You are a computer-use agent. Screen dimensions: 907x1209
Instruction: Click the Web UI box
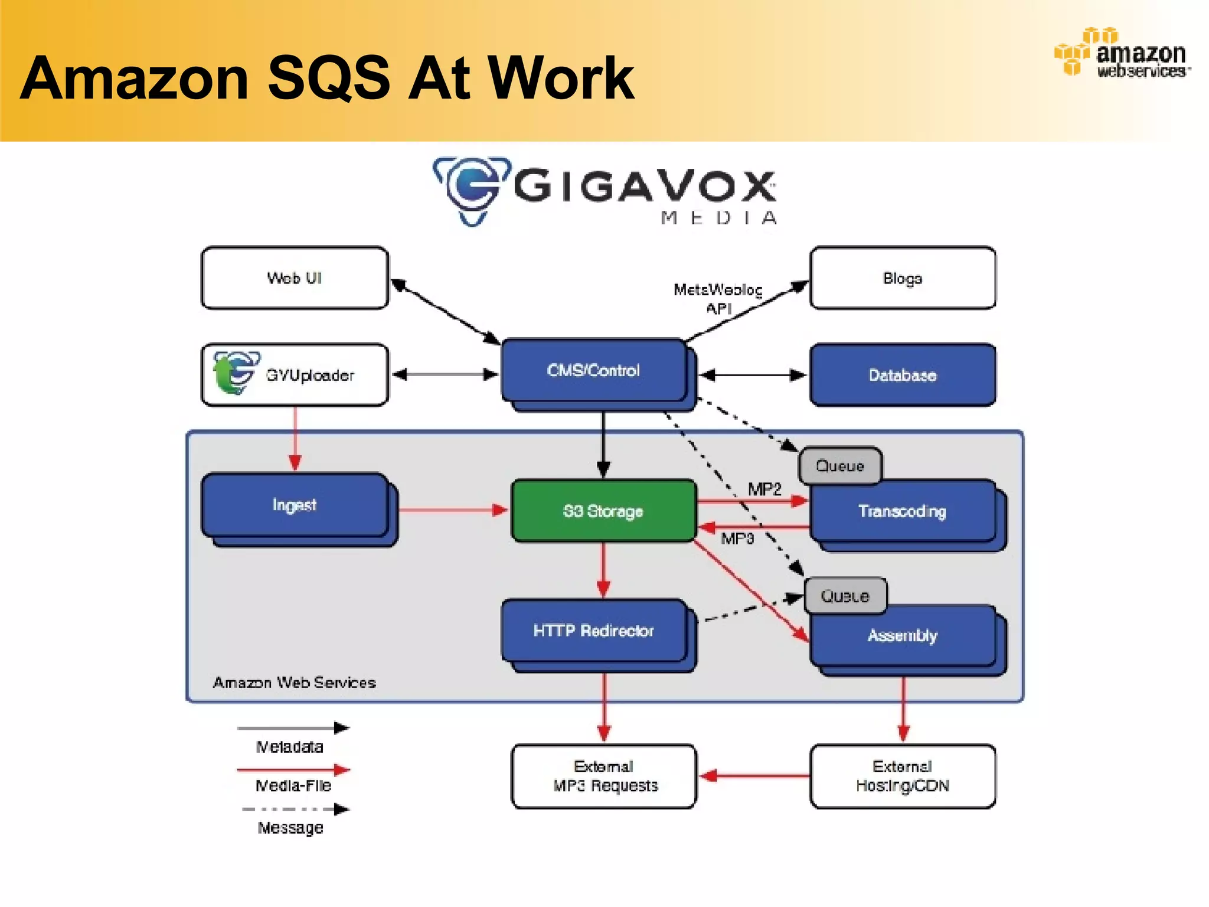[295, 278]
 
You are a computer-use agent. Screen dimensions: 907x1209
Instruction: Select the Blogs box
[902, 278]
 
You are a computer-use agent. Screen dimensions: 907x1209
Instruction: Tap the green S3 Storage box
[603, 511]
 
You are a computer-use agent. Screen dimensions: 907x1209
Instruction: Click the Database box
[902, 375]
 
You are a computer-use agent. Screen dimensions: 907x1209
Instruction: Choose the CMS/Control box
[593, 370]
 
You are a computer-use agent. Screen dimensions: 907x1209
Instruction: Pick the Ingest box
[295, 505]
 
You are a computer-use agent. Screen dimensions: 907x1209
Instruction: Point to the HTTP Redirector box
[593, 631]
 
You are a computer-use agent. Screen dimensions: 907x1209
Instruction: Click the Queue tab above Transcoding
[840, 466]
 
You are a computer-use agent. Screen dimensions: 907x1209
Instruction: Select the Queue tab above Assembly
[845, 596]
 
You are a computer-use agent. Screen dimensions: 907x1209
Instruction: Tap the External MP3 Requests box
[604, 776]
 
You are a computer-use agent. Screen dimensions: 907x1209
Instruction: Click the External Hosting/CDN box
[902, 776]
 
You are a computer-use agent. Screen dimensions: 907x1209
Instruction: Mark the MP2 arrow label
[764, 489]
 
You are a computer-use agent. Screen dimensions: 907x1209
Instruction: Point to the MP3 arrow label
[737, 539]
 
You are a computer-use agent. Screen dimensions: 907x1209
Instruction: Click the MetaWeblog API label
[718, 299]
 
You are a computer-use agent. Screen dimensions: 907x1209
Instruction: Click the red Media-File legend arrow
[293, 770]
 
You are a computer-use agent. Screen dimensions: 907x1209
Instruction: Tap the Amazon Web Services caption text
[294, 683]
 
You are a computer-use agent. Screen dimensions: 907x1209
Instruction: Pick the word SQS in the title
[328, 78]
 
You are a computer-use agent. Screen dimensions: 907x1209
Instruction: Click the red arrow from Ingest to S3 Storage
[452, 510]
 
